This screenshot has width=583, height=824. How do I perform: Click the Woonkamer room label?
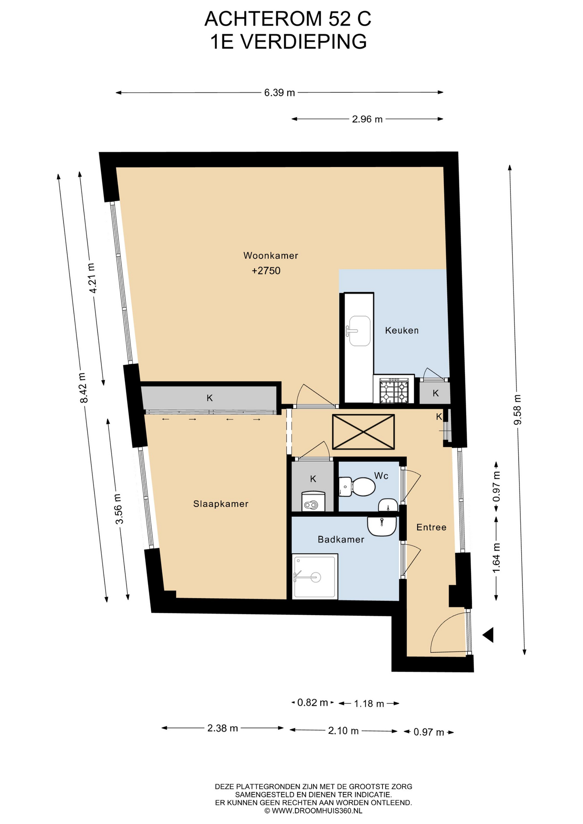tap(270, 256)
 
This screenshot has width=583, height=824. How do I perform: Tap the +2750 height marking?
tap(266, 271)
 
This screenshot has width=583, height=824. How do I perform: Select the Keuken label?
tap(402, 330)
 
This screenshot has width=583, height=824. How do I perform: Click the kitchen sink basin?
tap(360, 331)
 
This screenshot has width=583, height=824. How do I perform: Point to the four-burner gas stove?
tap(394, 390)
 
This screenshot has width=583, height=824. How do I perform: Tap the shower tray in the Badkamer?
tap(315, 577)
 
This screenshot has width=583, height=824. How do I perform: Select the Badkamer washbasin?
tap(382, 527)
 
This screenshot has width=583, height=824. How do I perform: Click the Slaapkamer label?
tap(221, 504)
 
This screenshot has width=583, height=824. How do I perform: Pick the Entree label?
tap(431, 527)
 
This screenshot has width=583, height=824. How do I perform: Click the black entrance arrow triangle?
tap(488, 635)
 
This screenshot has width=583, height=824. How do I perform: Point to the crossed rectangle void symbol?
tap(364, 432)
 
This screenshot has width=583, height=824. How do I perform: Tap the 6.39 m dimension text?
tap(279, 93)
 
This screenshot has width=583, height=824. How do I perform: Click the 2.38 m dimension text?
tap(222, 728)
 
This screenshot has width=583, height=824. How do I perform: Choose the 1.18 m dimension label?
tap(369, 704)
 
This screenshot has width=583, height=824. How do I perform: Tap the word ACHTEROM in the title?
tap(263, 19)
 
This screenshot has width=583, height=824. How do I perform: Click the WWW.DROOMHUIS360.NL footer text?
tap(317, 811)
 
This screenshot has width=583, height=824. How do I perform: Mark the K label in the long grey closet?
tap(210, 398)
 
